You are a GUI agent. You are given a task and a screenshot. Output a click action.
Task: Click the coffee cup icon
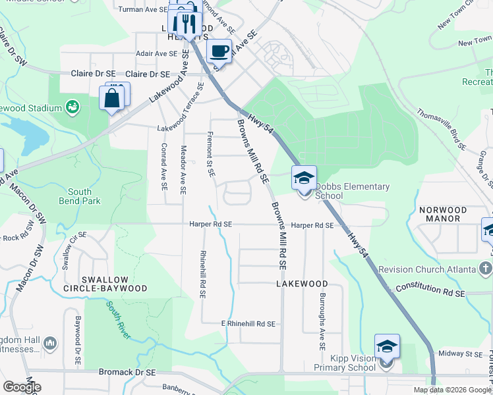[219, 51]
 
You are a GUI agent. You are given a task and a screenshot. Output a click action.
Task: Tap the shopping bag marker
[112, 99]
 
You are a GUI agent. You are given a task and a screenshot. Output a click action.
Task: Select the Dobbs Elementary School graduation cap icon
[304, 178]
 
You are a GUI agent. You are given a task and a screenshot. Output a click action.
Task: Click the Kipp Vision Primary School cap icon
[387, 346]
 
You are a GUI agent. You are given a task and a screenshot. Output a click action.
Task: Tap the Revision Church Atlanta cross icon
[486, 269]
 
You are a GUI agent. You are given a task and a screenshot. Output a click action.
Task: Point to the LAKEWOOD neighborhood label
[302, 284]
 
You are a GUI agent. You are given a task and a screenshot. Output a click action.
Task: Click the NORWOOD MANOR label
[443, 215]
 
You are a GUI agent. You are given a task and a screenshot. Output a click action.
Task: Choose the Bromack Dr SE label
[127, 372]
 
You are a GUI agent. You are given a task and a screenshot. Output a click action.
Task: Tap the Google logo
[22, 387]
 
